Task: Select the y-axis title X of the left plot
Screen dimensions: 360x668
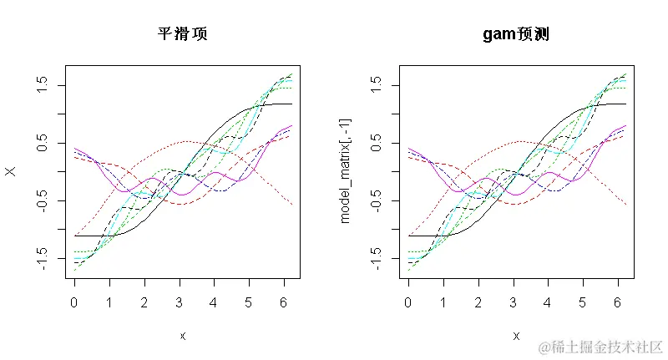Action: point(12,171)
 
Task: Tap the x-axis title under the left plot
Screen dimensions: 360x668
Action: point(182,336)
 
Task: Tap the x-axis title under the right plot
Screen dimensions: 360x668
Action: point(516,336)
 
